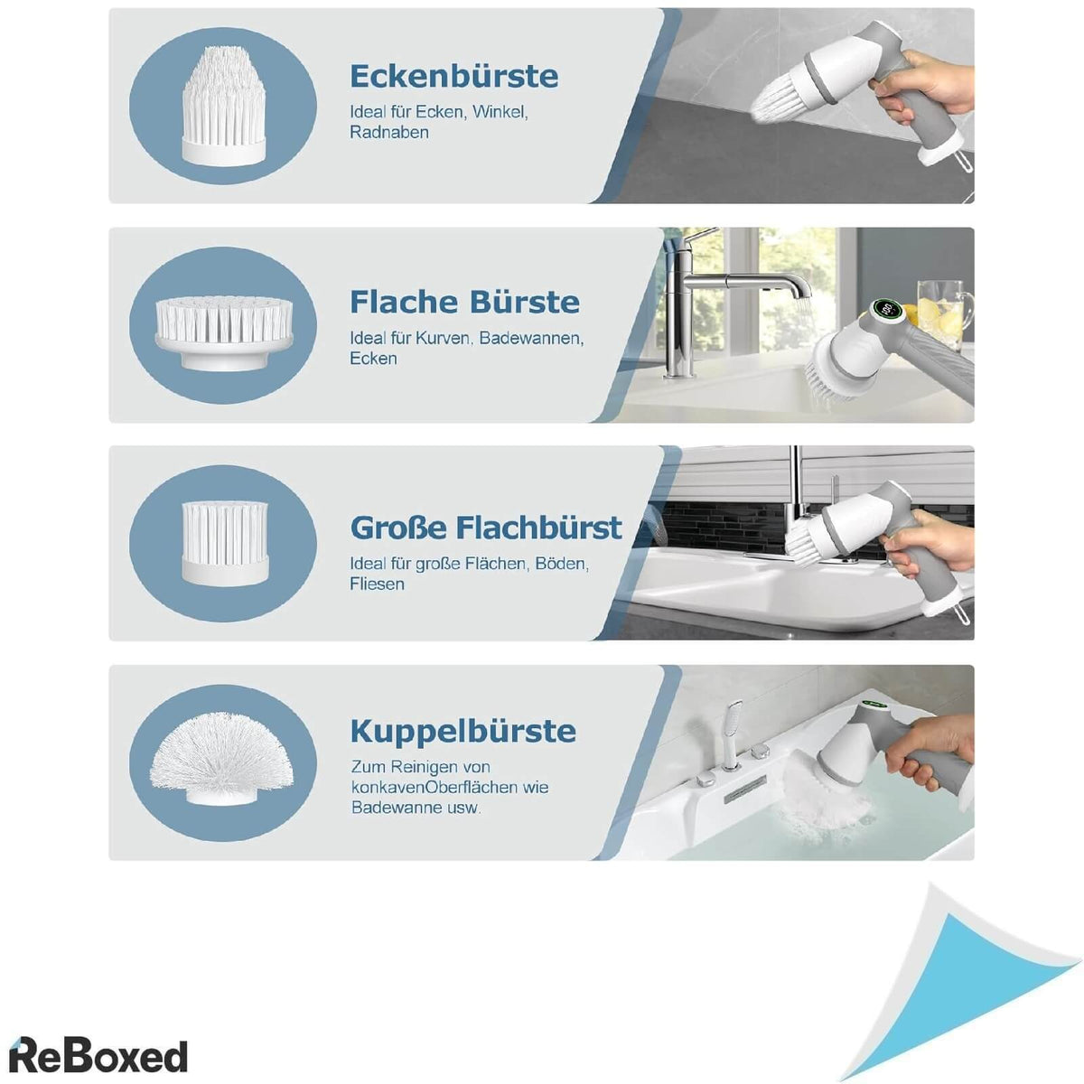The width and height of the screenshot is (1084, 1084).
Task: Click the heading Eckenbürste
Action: click(454, 77)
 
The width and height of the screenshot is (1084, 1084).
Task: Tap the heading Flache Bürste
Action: click(464, 302)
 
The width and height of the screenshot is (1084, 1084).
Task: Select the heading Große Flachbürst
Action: click(486, 528)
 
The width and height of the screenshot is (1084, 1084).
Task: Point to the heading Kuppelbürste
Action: click(463, 732)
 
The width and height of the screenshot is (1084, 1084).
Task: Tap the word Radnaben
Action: click(389, 133)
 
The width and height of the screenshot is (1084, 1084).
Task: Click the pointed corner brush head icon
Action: click(223, 105)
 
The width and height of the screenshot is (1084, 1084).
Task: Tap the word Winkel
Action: click(500, 112)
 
